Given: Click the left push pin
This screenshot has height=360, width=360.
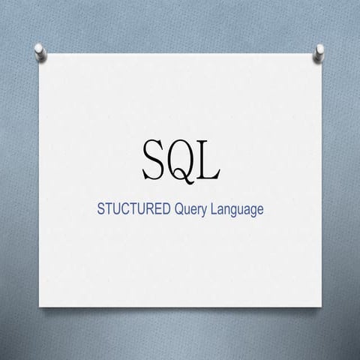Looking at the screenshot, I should point(39,51).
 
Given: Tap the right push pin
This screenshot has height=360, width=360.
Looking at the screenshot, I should point(319,50).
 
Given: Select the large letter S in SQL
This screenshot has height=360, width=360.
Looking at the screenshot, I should point(154,159).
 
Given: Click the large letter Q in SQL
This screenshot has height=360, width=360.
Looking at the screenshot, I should point(182,159).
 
